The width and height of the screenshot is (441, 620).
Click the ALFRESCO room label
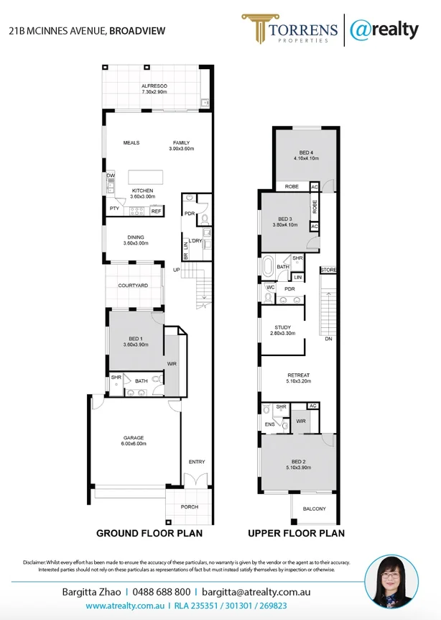click(x=154, y=86)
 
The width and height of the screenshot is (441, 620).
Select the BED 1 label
click(x=136, y=338)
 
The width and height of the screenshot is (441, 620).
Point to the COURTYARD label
click(x=133, y=286)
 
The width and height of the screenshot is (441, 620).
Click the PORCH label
click(x=189, y=507)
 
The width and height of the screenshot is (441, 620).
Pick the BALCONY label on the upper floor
click(x=314, y=509)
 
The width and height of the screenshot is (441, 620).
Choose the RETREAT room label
click(x=298, y=375)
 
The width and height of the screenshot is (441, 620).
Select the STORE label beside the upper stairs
click(x=328, y=270)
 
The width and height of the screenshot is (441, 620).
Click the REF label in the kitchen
click(x=156, y=211)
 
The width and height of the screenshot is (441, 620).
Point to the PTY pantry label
click(x=114, y=209)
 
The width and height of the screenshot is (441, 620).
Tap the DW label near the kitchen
click(x=111, y=175)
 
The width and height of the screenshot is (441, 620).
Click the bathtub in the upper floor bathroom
click(x=267, y=266)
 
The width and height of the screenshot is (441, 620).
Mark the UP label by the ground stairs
click(x=176, y=270)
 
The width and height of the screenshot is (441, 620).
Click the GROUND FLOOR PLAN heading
click(x=149, y=534)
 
